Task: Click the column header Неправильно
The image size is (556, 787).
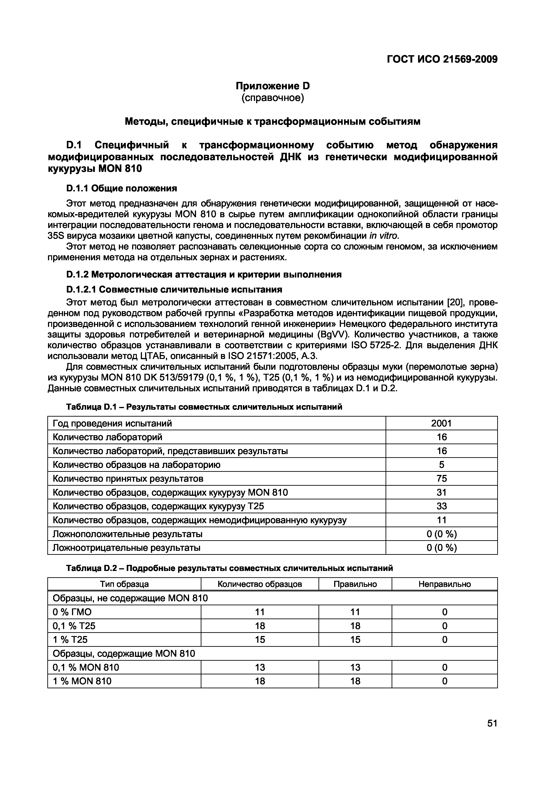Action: (444, 584)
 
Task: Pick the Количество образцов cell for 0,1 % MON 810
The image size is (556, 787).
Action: (260, 667)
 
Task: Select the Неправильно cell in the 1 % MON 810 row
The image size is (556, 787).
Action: (444, 681)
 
